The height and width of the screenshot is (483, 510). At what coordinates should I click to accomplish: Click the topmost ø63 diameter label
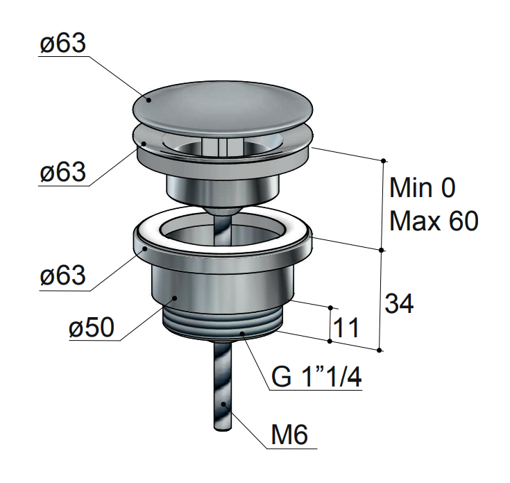click(62, 43)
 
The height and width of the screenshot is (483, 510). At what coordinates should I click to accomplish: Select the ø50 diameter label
click(92, 327)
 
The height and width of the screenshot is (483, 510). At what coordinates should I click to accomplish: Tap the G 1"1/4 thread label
click(316, 377)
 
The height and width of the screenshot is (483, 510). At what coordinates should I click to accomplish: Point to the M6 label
click(289, 434)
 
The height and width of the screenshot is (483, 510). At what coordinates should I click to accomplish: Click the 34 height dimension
click(399, 303)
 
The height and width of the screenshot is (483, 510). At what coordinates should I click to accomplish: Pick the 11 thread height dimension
click(346, 327)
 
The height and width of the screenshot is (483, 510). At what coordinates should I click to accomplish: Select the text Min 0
click(422, 187)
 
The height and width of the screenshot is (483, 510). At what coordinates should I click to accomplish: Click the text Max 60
click(434, 221)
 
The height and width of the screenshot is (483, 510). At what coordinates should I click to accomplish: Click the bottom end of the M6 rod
click(223, 429)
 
